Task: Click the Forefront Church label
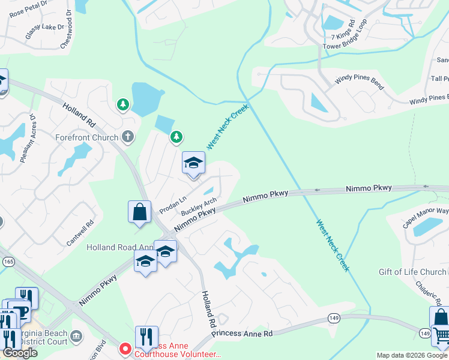[88, 137]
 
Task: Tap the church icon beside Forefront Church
[127, 137]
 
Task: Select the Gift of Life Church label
[412, 272]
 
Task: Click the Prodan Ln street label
[173, 205]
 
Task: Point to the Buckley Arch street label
[199, 207]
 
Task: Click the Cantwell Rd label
[80, 232]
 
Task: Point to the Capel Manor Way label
[426, 218]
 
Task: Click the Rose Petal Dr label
[28, 7]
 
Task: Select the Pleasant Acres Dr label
[28, 139]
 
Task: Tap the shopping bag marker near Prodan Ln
[139, 212]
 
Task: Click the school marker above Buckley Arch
[193, 163]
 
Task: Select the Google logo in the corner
[20, 353]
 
